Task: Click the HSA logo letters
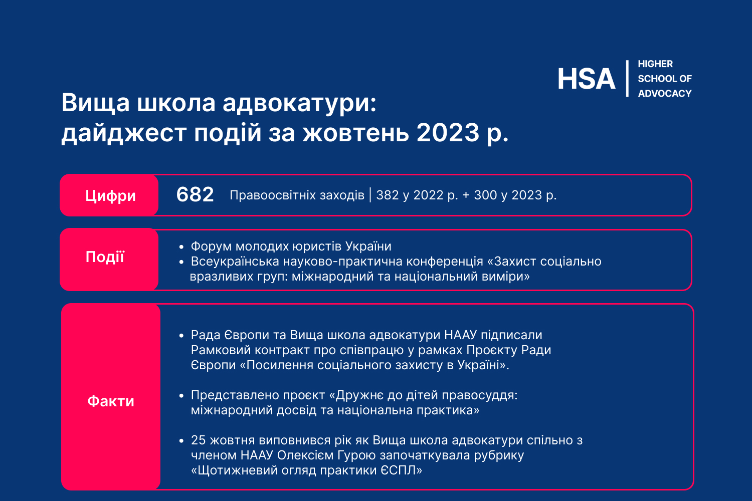pyautogui.click(x=587, y=79)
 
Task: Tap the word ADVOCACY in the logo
pyautogui.click(x=665, y=93)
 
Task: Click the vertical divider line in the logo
pyautogui.click(x=627, y=79)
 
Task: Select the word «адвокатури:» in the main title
pyautogui.click(x=299, y=103)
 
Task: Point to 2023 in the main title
pyautogui.click(x=448, y=132)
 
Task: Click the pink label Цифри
pyautogui.click(x=109, y=195)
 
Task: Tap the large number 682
pyautogui.click(x=195, y=194)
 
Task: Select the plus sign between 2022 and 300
pyautogui.click(x=466, y=195)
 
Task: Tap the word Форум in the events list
pyautogui.click(x=211, y=246)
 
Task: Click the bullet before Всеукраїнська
pyautogui.click(x=181, y=262)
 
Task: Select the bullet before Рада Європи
pyautogui.click(x=181, y=336)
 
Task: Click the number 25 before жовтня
pyautogui.click(x=198, y=440)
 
